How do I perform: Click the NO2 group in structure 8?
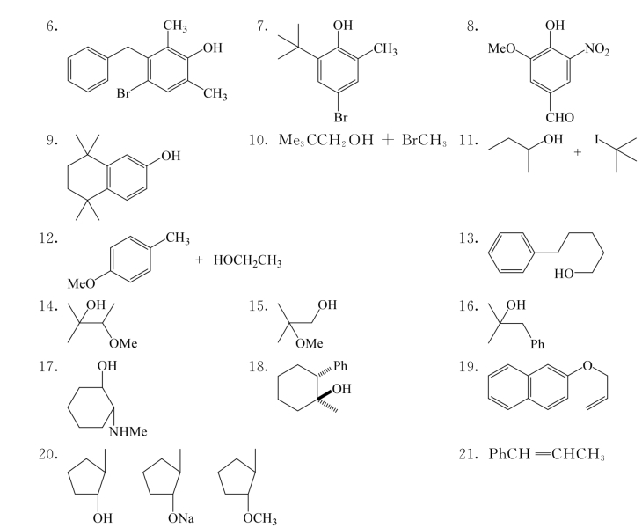[597, 48]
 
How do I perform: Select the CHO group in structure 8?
[559, 118]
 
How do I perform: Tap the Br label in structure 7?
[340, 118]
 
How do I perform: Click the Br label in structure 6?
[123, 93]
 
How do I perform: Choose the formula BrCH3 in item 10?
[424, 140]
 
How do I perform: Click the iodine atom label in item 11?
[597, 140]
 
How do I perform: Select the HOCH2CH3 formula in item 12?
[247, 260]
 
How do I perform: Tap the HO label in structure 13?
[564, 274]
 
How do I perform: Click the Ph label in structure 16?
[537, 344]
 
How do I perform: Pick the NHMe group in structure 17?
[128, 431]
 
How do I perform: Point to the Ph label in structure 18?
[340, 365]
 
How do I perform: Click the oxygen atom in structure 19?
[587, 365]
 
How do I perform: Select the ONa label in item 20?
[181, 518]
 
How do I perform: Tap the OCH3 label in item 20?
[260, 518]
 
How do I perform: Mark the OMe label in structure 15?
[309, 343]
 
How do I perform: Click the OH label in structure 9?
[171, 156]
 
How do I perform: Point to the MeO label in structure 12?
[81, 283]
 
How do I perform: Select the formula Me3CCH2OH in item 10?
[326, 140]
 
